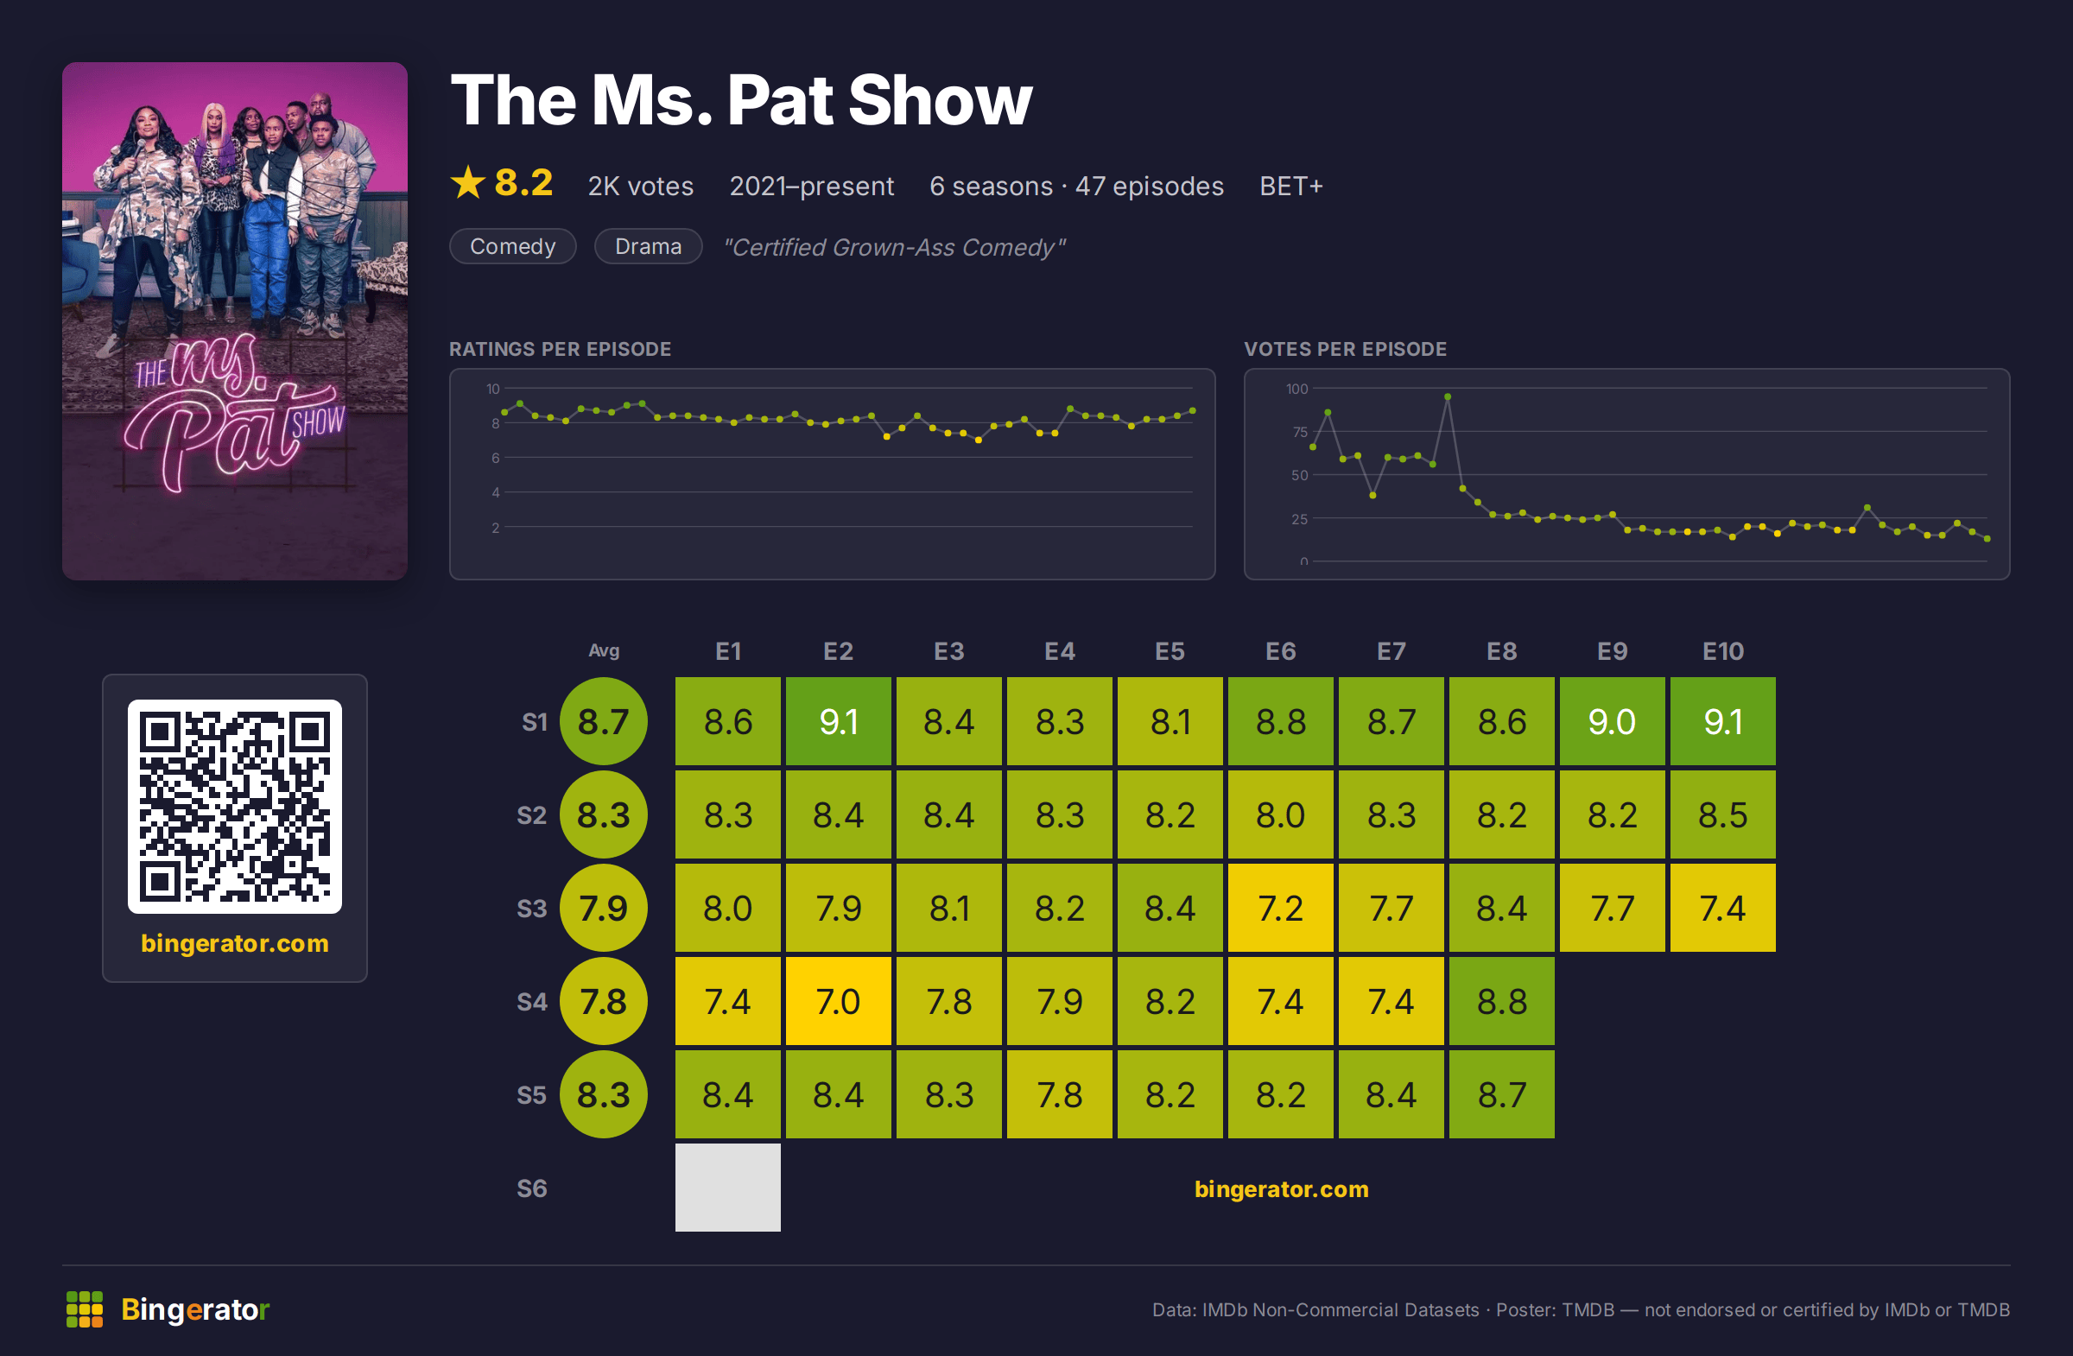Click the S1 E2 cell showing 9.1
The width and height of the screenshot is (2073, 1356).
coord(838,721)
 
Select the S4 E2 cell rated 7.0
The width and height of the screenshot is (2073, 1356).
coord(838,1001)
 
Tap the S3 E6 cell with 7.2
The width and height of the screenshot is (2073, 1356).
coord(1280,908)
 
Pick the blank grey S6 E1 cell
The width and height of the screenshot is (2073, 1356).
coord(727,1187)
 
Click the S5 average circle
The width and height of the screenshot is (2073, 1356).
coord(604,1093)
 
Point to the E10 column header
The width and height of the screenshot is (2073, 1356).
coord(1723,651)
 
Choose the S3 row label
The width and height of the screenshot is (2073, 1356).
coord(531,909)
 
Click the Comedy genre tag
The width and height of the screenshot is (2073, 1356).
coord(512,246)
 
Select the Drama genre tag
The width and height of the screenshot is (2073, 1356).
coord(648,246)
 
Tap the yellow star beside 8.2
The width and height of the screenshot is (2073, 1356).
coord(468,183)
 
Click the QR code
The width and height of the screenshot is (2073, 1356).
coord(235,807)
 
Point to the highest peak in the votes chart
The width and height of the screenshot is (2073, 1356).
coord(1448,397)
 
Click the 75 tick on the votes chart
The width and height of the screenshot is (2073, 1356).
coord(1300,432)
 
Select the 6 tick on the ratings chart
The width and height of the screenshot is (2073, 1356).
coord(496,458)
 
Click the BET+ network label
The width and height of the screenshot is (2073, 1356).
coord(1290,187)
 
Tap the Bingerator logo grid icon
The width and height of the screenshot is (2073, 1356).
coord(85,1309)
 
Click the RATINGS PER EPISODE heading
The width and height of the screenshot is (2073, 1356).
coord(560,349)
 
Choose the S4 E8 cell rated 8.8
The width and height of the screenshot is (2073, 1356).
coord(1501,1001)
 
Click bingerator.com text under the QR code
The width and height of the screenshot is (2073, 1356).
coord(235,943)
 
